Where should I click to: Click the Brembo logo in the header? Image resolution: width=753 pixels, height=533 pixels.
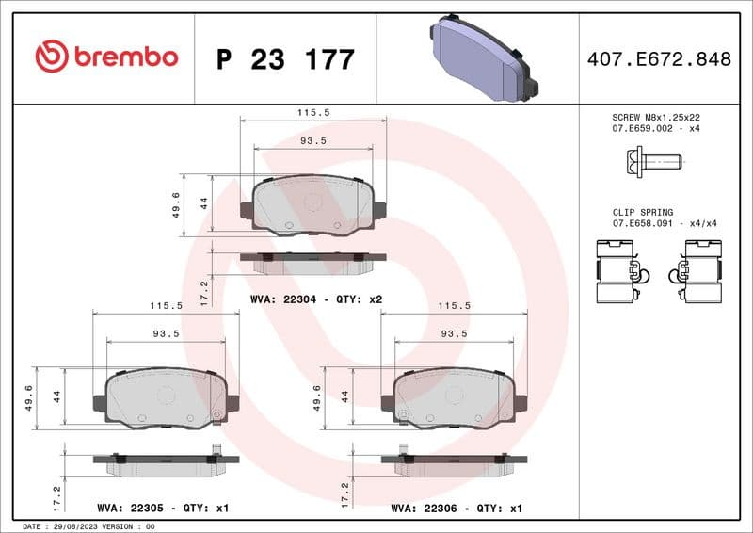tap(106, 57)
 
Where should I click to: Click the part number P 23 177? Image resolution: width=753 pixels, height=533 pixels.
tap(285, 59)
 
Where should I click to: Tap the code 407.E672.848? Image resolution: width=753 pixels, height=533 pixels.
tap(658, 59)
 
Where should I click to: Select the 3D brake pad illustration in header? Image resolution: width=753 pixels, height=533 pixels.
tap(481, 58)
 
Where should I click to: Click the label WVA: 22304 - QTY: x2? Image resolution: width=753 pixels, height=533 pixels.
tap(315, 299)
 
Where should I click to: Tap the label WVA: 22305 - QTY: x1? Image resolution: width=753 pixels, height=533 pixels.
tap(164, 509)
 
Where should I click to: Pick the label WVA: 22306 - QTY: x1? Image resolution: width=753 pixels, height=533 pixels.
tap(457, 509)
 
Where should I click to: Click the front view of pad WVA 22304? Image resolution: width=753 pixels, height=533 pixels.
tap(313, 204)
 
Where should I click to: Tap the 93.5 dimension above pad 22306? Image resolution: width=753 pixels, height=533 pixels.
tap(454, 333)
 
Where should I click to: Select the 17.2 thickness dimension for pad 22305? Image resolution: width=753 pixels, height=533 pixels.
tap(56, 491)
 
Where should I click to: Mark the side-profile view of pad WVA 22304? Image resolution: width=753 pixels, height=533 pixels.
tap(313, 261)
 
